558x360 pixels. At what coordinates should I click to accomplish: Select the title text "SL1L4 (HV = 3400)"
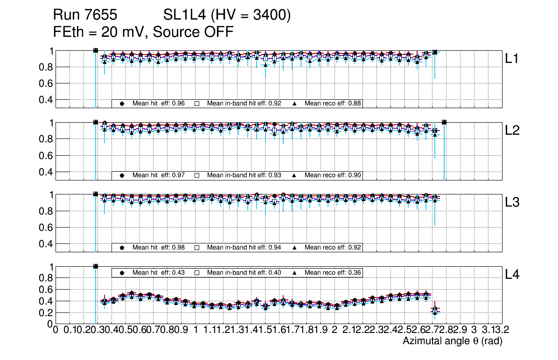pyautogui.click(x=227, y=16)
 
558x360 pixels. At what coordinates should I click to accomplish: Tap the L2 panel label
pyautogui.click(x=512, y=131)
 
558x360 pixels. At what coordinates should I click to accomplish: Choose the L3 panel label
pyautogui.click(x=512, y=202)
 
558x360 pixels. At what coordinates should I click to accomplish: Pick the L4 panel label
pyautogui.click(x=512, y=275)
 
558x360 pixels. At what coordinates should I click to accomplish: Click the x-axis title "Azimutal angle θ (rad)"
pyautogui.click(x=452, y=341)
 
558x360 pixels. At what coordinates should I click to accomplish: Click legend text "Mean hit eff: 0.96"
pyautogui.click(x=157, y=104)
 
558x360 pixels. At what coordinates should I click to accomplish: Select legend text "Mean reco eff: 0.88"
pyautogui.click(x=333, y=104)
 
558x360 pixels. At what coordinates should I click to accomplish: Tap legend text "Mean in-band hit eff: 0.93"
pyautogui.click(x=244, y=175)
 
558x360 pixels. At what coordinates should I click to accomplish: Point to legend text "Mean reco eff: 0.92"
pyautogui.click(x=333, y=247)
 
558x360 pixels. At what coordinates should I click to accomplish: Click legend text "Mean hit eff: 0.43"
pyautogui.click(x=157, y=272)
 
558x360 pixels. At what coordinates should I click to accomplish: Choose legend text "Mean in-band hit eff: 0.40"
pyautogui.click(x=244, y=272)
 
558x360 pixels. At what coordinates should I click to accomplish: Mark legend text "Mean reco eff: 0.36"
pyautogui.click(x=333, y=272)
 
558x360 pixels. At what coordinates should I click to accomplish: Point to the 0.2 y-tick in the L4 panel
pyautogui.click(x=46, y=312)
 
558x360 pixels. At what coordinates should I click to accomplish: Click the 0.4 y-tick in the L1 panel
pyautogui.click(x=46, y=100)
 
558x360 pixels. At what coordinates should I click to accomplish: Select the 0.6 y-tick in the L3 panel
pyautogui.click(x=46, y=228)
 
